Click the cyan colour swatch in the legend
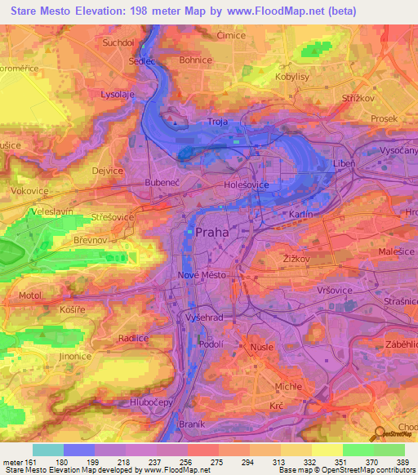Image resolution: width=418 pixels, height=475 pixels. pyautogui.click(x=47, y=450)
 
